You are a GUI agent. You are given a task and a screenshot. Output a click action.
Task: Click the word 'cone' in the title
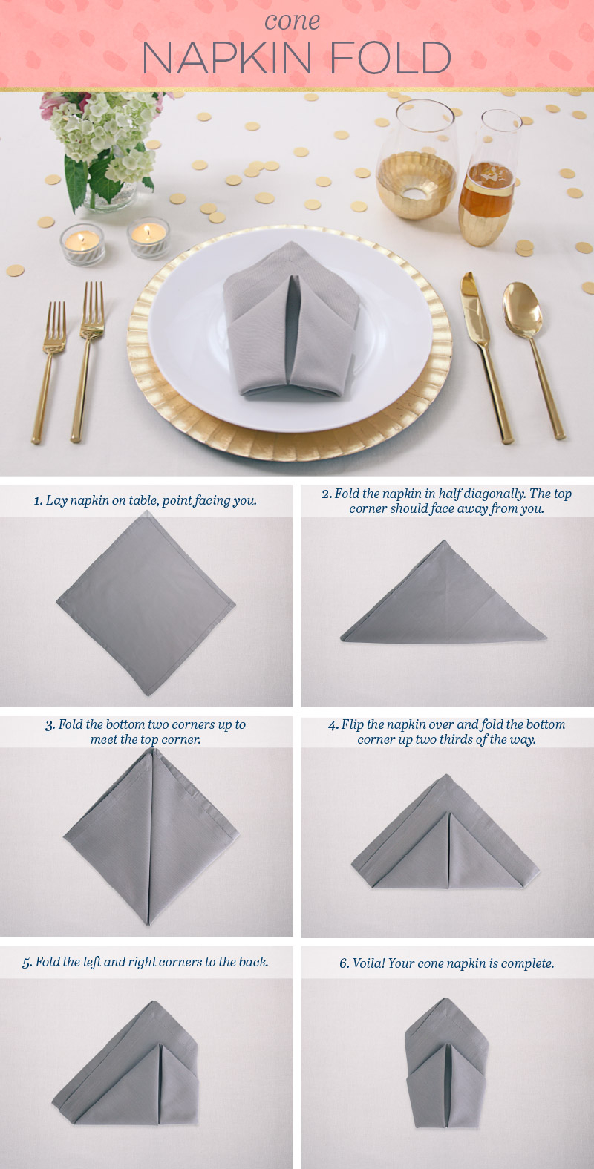[293, 21]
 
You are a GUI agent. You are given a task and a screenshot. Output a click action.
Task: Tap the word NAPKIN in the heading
[226, 59]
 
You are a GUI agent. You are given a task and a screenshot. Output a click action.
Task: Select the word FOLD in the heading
[391, 59]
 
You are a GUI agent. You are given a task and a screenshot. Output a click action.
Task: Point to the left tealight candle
[81, 243]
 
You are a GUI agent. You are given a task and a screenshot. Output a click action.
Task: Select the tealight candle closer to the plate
[148, 238]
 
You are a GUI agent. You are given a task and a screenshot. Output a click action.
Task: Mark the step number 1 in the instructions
[38, 501]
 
